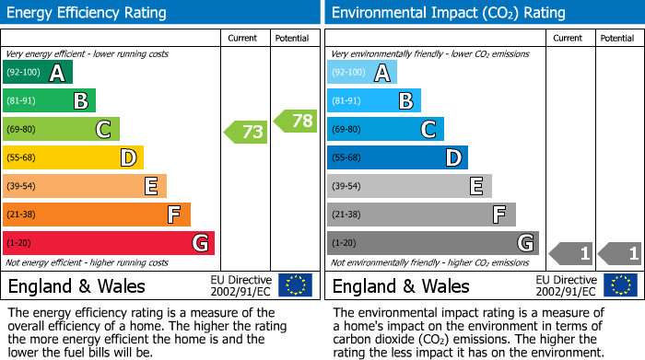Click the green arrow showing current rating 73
click(246, 133)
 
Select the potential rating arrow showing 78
click(295, 121)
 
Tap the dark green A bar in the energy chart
click(38, 73)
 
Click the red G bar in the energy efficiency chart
click(109, 243)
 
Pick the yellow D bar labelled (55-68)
click(73, 157)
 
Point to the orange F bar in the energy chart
click(97, 215)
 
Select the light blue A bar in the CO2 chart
click(362, 73)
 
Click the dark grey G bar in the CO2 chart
click(432, 243)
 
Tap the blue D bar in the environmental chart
click(397, 157)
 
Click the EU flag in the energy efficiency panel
click(295, 285)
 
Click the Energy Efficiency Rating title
click(88, 13)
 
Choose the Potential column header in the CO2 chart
click(616, 38)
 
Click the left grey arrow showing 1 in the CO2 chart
click(570, 252)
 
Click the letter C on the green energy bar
click(104, 130)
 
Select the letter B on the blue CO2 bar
click(405, 101)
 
